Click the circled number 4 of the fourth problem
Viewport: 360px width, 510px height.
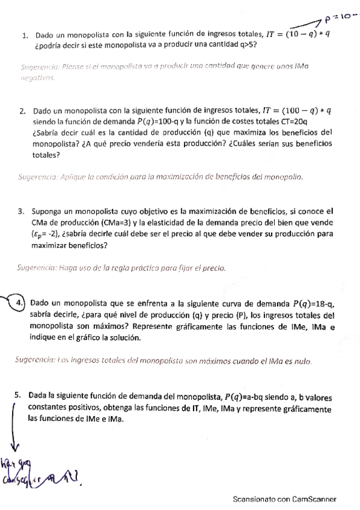(x=20, y=303)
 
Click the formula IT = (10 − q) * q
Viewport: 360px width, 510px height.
(x=299, y=34)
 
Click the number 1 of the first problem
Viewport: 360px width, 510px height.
(x=25, y=35)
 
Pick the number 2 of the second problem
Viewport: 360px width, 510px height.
(x=22, y=111)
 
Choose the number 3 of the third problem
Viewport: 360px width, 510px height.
(x=21, y=211)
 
